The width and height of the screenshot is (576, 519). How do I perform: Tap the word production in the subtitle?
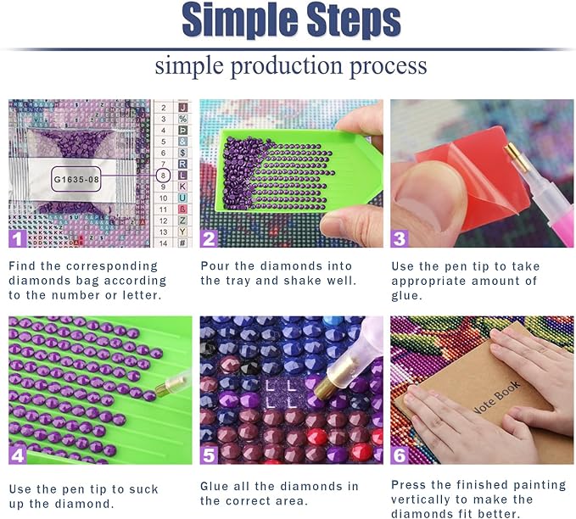click(x=287, y=66)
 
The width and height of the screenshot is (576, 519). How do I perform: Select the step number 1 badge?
click(x=17, y=238)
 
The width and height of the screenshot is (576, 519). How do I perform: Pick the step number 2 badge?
click(x=209, y=238)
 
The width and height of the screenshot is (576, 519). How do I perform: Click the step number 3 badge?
click(x=400, y=238)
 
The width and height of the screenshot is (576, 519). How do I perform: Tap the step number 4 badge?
click(x=17, y=455)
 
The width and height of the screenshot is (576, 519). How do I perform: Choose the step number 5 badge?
click(x=209, y=455)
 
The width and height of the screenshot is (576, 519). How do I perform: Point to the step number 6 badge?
click(x=400, y=455)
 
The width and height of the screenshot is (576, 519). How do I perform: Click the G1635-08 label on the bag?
click(x=76, y=179)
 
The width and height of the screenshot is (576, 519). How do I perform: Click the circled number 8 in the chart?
click(x=163, y=176)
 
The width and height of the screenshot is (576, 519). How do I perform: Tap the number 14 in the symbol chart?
click(x=163, y=243)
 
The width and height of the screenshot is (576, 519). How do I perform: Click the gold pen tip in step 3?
click(x=516, y=157)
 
